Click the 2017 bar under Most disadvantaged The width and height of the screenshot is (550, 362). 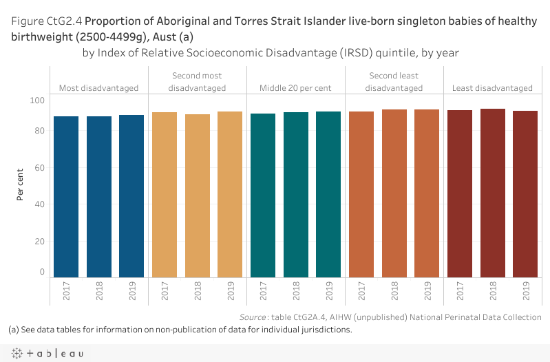tap(66, 196)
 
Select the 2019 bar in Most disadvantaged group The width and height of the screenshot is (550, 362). tap(131, 196)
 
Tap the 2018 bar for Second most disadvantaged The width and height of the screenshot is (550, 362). tap(198, 195)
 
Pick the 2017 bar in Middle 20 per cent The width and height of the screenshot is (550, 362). tap(264, 195)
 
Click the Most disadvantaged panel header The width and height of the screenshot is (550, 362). tap(98, 88)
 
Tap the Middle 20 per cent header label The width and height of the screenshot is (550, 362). tap(296, 88)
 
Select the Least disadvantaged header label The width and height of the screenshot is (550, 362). tap(492, 88)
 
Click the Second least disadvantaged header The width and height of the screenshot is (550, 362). tap(394, 82)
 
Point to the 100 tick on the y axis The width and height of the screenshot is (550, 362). tap(37, 100)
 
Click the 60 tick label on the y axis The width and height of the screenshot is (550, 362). tap(40, 167)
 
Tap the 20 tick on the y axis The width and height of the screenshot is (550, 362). tap(40, 241)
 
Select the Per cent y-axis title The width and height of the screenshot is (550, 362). tap(20, 186)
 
